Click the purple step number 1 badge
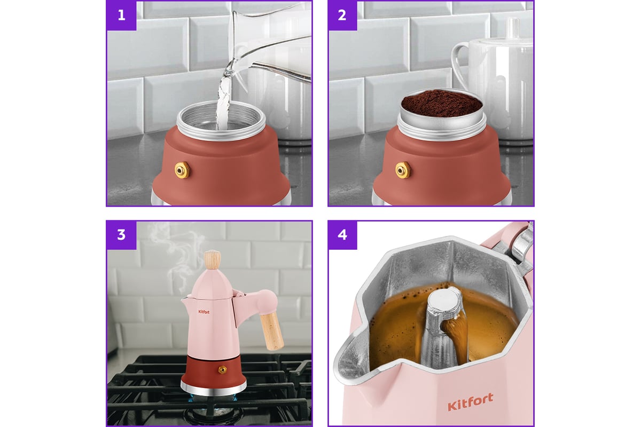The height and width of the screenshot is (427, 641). pyautogui.click(x=121, y=15)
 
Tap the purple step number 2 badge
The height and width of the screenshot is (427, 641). pyautogui.click(x=342, y=15)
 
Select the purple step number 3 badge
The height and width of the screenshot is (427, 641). pyautogui.click(x=121, y=235)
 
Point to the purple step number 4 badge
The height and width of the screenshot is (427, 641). pyautogui.click(x=342, y=235)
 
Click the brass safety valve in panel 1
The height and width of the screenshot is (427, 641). pyautogui.click(x=182, y=170)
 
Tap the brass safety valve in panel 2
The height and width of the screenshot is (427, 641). pyautogui.click(x=403, y=170)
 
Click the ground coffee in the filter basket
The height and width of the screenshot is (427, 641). pyautogui.click(x=442, y=104)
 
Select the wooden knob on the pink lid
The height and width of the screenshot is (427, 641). pyautogui.click(x=213, y=260)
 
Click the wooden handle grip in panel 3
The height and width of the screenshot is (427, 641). pyautogui.click(x=272, y=331)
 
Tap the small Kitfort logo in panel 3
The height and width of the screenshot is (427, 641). pyautogui.click(x=204, y=312)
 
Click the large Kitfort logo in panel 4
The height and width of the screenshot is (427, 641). pyautogui.click(x=470, y=401)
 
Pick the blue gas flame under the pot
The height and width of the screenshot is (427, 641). pyautogui.click(x=213, y=398)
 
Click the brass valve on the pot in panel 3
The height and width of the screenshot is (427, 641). pyautogui.click(x=222, y=370)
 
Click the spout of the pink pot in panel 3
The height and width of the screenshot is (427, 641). pyautogui.click(x=185, y=301)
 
